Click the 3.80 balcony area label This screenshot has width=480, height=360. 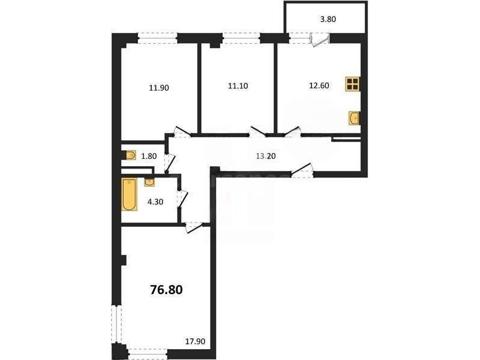click(x=328, y=19)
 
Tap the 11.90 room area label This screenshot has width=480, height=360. click(x=159, y=88)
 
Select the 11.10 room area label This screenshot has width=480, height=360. click(x=238, y=86)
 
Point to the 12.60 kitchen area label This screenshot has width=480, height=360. click(x=319, y=86)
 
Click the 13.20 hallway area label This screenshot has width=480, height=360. click(x=266, y=156)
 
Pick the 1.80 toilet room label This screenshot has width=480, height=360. click(x=149, y=156)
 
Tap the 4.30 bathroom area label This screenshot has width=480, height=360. click(x=155, y=202)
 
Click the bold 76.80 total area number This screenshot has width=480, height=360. click(x=166, y=289)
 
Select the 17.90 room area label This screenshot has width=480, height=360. click(x=196, y=341)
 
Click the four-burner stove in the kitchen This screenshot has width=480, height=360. click(x=353, y=84)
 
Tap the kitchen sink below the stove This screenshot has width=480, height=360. click(x=355, y=118)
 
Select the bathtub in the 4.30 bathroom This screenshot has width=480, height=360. click(x=130, y=195)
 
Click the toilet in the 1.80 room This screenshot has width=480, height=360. click(x=130, y=155)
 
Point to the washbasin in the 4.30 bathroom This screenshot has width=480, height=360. click(x=149, y=182)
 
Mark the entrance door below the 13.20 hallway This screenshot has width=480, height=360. click(x=302, y=171)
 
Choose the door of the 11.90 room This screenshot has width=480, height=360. click(x=182, y=131)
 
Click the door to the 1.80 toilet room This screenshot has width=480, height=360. click(x=170, y=162)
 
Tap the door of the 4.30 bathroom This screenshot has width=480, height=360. click(x=183, y=199)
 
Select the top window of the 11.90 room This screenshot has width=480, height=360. click(x=158, y=38)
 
